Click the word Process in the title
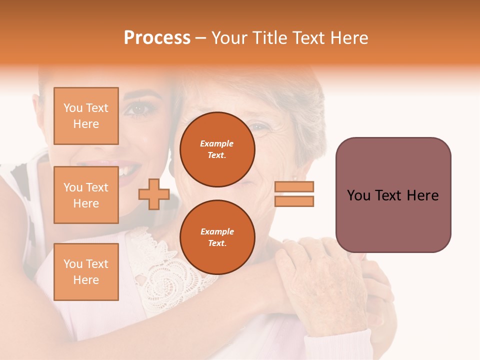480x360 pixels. (157, 38)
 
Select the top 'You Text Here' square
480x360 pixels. (86, 116)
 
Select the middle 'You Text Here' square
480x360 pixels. (86, 195)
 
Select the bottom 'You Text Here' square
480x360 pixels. (86, 271)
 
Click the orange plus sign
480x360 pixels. (154, 194)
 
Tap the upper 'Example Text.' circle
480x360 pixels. (217, 149)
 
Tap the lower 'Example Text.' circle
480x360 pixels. (217, 237)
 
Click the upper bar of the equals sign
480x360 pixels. (294, 186)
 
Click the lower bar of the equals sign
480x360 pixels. (294, 201)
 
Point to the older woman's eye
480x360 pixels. (260, 127)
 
